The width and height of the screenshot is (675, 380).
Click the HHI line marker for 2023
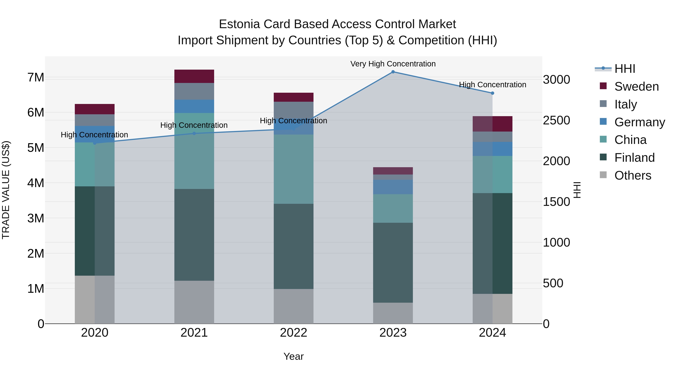[393, 72]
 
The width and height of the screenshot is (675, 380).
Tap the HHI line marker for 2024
[492, 93]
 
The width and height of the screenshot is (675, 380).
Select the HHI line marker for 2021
[194, 133]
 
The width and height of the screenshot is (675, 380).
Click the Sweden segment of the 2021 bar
[194, 76]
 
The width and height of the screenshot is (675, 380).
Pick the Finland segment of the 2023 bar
[393, 263]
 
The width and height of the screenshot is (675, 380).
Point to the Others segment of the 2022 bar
[293, 306]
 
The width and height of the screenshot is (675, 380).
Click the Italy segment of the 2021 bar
[194, 91]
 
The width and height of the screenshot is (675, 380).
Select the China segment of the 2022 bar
[293, 169]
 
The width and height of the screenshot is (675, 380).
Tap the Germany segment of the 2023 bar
[393, 187]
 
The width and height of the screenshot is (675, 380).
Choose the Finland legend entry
[634, 158]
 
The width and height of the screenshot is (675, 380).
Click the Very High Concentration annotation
[393, 64]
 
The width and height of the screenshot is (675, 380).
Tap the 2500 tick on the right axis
[556, 120]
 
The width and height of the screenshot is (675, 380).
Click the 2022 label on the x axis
[293, 333]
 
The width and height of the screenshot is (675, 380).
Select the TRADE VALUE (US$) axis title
[6, 190]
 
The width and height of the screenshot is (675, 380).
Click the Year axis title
[293, 356]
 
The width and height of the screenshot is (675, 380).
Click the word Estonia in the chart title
[239, 24]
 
